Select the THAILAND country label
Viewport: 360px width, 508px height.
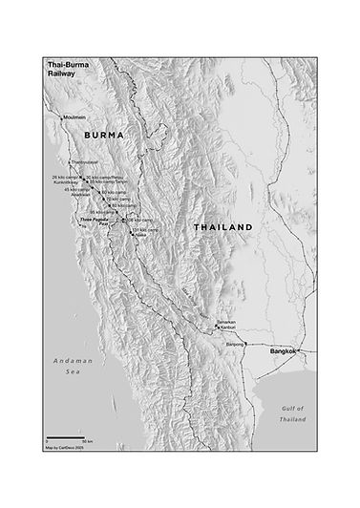pos(222,227)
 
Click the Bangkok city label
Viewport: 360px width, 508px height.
pos(285,352)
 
